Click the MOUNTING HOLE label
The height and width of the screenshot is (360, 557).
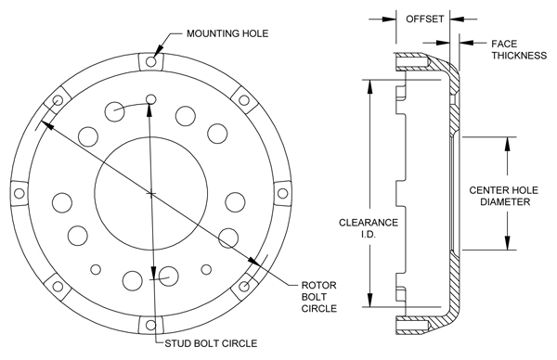(x=227, y=33)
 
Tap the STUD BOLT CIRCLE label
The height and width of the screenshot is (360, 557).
(x=211, y=343)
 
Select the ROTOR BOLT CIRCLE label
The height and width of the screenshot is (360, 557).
(x=319, y=297)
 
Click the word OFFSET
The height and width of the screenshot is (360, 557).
(x=425, y=19)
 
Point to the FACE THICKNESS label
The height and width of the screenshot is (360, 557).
(x=519, y=50)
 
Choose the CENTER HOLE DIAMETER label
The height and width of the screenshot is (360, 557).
(x=503, y=196)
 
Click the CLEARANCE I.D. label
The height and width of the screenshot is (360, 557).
(x=369, y=228)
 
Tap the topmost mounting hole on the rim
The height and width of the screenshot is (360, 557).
(x=151, y=62)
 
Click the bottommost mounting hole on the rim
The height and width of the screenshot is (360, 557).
(x=151, y=325)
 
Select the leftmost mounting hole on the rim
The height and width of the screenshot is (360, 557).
(x=19, y=194)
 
